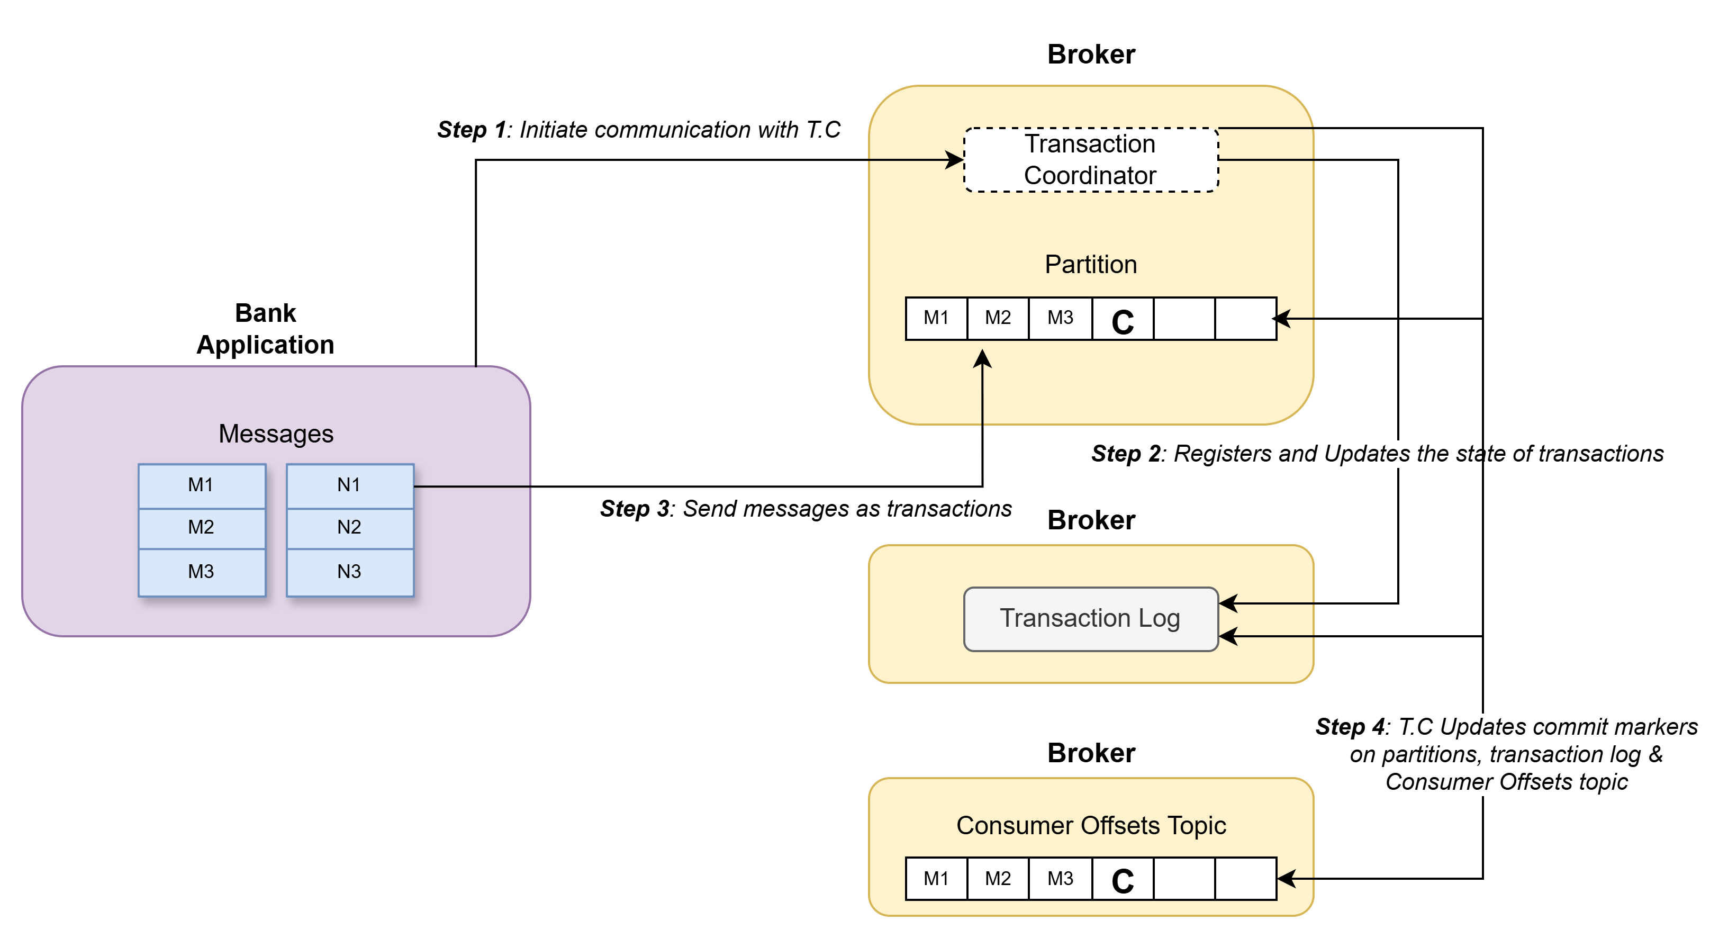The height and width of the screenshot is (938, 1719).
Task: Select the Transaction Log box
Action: (x=1090, y=618)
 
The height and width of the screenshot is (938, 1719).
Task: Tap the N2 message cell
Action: (x=349, y=527)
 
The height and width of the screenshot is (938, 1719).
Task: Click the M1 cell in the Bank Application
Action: (x=201, y=485)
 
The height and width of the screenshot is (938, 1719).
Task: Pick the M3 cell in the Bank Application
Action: (x=201, y=572)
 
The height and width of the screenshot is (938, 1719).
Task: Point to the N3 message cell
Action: (x=349, y=572)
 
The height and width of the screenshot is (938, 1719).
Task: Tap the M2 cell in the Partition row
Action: (x=998, y=318)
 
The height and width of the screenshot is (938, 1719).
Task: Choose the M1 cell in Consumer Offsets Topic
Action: (x=936, y=879)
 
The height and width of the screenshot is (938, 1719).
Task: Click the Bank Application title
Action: (x=266, y=329)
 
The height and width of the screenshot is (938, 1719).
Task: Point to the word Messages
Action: (x=276, y=434)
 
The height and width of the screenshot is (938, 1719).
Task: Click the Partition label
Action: (x=1090, y=264)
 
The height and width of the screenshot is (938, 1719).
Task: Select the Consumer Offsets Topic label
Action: (x=1090, y=826)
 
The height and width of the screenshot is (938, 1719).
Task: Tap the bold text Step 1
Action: (x=471, y=130)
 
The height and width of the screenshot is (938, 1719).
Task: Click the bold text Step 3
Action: (x=635, y=509)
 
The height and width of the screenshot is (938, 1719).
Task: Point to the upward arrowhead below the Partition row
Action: (x=982, y=359)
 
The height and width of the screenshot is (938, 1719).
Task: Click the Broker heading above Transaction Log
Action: (x=1090, y=520)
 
